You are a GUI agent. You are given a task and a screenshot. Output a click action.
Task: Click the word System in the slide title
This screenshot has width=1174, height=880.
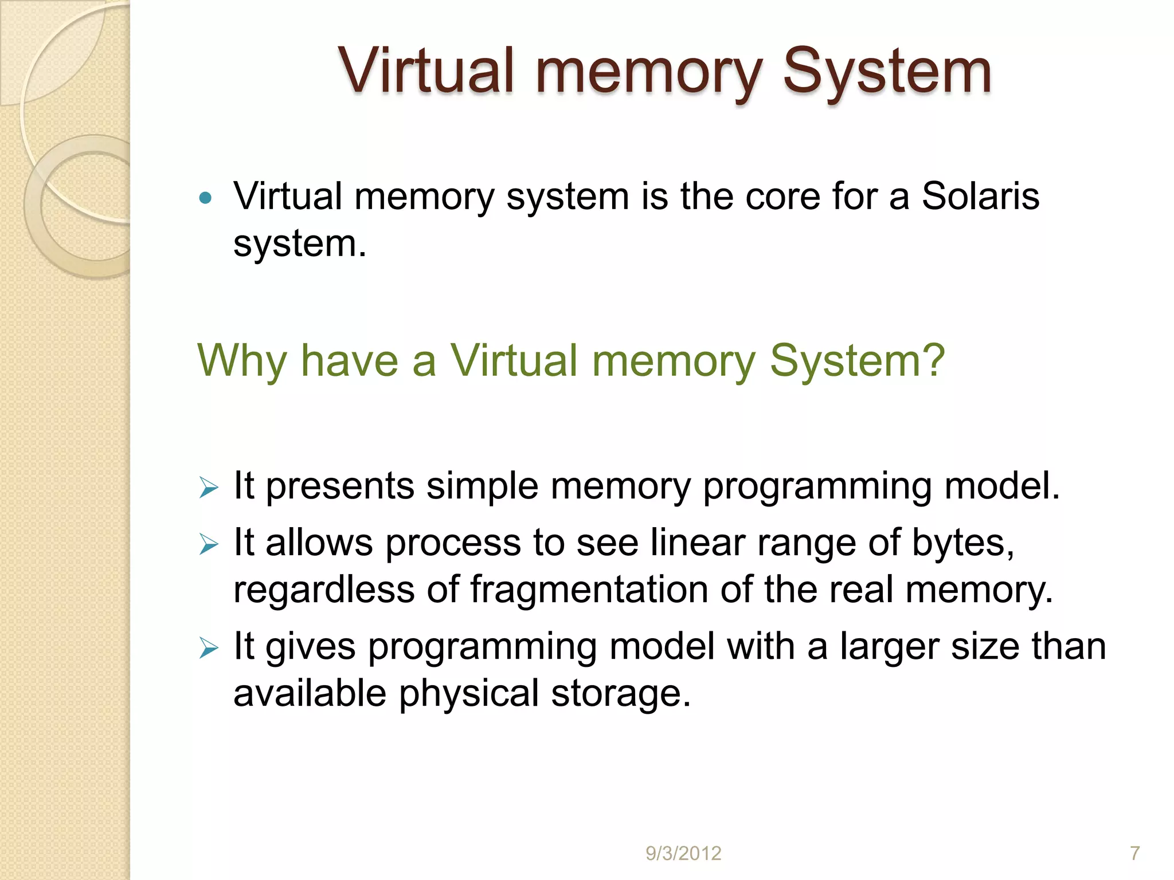point(887,72)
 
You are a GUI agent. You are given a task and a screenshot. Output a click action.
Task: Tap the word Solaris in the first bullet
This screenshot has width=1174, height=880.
point(980,197)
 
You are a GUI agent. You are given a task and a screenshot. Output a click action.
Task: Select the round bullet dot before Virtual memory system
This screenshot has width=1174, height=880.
point(205,199)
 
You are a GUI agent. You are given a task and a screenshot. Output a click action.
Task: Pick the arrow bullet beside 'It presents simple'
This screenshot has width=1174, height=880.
point(209,489)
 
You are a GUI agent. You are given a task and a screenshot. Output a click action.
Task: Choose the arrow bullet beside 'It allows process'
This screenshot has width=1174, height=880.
point(209,544)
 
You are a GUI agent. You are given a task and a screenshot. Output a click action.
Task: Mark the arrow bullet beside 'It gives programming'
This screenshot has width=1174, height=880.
point(209,649)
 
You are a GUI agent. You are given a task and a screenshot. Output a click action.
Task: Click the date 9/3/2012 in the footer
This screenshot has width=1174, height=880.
point(683,854)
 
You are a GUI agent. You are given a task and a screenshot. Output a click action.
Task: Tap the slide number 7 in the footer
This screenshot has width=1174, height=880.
point(1134,854)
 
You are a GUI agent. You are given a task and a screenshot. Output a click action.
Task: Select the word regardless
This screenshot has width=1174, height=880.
point(323,590)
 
